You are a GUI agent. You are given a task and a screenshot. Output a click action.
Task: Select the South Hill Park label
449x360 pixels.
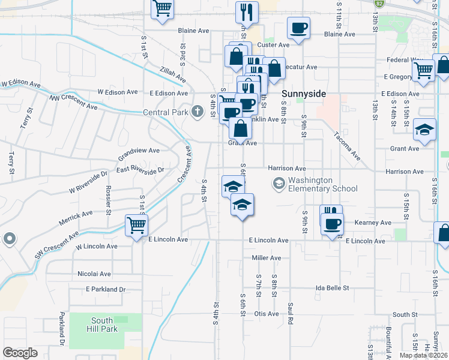(x=105, y=325)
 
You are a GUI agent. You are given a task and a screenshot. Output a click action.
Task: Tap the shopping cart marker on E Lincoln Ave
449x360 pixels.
(x=137, y=225)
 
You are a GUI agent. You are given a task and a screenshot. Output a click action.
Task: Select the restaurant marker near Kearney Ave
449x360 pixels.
(x=330, y=214)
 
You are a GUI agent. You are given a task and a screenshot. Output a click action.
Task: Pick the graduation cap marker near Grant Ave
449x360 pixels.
(x=424, y=130)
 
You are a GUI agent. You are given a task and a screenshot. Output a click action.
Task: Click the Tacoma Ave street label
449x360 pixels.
(x=347, y=146)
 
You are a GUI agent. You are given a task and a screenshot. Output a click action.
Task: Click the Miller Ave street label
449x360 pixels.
(x=267, y=258)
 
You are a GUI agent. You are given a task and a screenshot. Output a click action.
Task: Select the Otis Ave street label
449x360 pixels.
(x=267, y=314)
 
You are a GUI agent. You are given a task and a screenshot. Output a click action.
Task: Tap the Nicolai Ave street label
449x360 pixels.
(x=94, y=274)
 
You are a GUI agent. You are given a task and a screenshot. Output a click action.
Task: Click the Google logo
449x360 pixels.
(x=20, y=353)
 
